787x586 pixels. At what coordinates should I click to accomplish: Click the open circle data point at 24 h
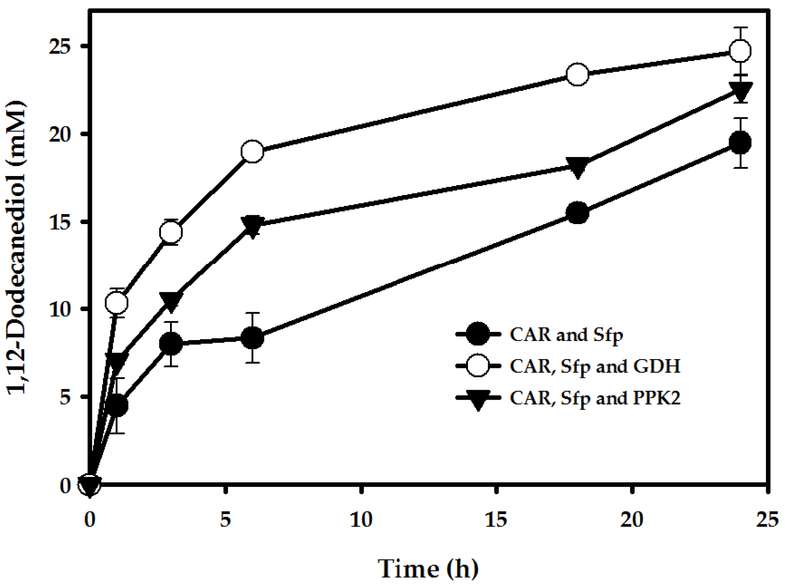(x=740, y=51)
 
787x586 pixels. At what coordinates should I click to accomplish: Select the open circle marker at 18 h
(x=577, y=74)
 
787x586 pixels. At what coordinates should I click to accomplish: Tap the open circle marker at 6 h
(x=252, y=151)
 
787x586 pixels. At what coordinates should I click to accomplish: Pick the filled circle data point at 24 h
(x=740, y=143)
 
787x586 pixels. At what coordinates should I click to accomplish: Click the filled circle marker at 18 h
(x=577, y=213)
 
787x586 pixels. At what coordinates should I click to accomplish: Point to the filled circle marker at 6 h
(x=252, y=338)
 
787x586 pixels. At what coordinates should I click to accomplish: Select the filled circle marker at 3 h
(x=171, y=343)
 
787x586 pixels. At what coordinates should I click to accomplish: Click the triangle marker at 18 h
(x=577, y=167)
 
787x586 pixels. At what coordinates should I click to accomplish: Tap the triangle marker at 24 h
(x=740, y=91)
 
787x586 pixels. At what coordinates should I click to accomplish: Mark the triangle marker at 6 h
(x=252, y=226)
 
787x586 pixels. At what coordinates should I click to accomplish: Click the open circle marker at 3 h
(x=171, y=232)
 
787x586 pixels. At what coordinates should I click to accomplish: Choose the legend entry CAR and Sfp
(x=566, y=335)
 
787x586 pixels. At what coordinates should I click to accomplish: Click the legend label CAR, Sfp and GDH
(x=595, y=366)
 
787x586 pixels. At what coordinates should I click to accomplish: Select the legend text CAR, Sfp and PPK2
(x=595, y=398)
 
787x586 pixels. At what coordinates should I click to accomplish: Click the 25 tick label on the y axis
(x=60, y=46)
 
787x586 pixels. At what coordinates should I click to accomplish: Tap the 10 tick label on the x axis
(x=361, y=520)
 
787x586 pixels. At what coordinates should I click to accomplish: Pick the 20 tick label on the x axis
(x=632, y=520)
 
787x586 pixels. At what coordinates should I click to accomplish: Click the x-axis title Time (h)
(x=428, y=569)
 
